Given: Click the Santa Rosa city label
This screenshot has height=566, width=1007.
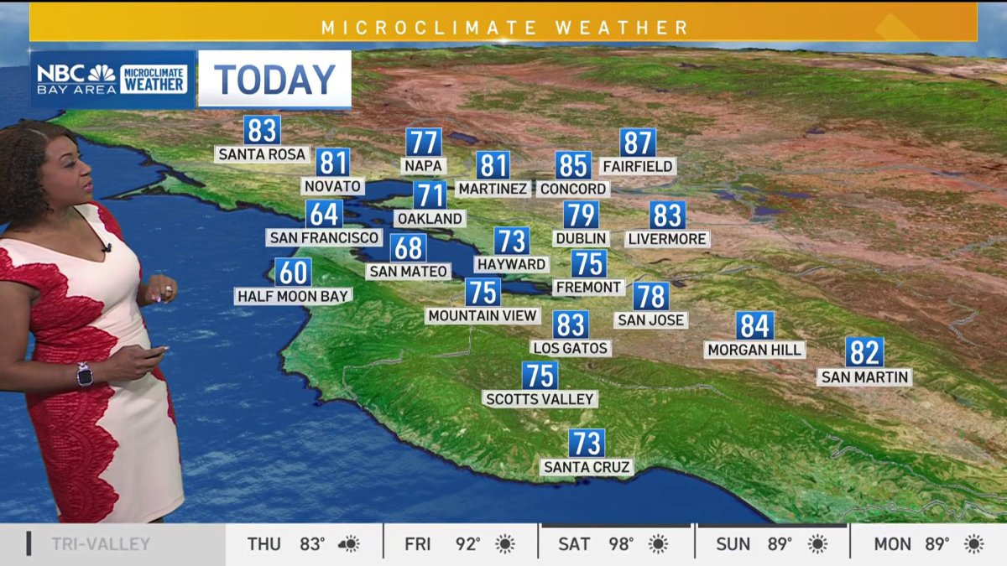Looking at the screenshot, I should (263, 154).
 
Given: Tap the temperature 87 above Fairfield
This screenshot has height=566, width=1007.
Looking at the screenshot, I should (638, 143).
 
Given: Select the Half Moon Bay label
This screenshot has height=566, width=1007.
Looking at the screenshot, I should (293, 296).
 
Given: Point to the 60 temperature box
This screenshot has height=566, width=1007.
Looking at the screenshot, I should (293, 272).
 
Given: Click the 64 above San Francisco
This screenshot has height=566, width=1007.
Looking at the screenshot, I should (324, 214).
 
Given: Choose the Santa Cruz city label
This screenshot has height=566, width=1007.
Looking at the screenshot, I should (587, 467).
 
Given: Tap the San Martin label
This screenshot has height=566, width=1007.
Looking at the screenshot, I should (864, 377).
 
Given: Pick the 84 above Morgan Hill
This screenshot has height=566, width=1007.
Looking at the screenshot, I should (754, 325).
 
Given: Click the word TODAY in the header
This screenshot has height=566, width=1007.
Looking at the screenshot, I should (274, 80).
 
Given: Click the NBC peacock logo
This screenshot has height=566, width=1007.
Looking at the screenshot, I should (102, 73).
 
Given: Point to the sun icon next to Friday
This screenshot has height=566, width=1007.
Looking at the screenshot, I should (505, 544).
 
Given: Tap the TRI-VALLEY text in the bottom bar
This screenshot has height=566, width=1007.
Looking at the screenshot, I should (101, 544).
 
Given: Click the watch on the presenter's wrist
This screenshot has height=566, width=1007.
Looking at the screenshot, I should (84, 374).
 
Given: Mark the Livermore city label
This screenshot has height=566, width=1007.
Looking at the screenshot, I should (668, 239).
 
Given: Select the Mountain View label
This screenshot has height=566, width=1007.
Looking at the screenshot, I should (483, 315).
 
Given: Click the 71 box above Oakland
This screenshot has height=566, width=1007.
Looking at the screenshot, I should (430, 195).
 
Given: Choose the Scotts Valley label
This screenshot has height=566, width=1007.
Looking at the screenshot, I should (540, 399).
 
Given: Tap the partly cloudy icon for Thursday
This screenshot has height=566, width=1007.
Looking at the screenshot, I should (349, 544).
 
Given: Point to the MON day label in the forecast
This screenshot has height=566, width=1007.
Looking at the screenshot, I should (893, 544).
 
